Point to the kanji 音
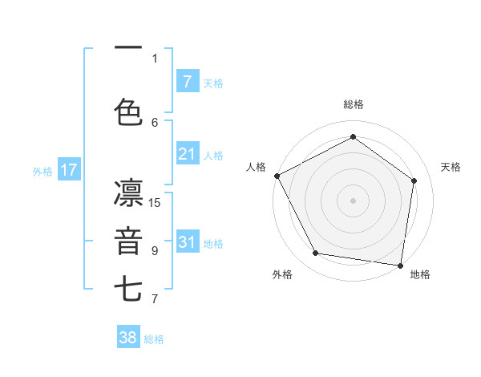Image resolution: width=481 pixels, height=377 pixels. click(128, 241)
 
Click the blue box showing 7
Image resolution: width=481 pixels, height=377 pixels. click(187, 81)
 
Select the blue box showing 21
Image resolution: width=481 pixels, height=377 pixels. click(187, 154)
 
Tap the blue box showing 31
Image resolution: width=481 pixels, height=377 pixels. click(187, 242)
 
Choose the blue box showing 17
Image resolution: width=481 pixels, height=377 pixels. click(68, 170)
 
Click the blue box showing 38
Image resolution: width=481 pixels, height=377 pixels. click(128, 338)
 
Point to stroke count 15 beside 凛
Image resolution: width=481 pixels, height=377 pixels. click(155, 203)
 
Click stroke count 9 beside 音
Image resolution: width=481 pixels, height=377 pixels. click(155, 251)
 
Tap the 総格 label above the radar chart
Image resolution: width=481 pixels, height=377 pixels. click(354, 104)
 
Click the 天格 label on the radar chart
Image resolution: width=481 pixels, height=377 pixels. click(451, 167)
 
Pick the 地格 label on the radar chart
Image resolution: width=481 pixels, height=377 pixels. click(420, 274)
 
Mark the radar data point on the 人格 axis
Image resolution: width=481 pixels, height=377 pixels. click(277, 176)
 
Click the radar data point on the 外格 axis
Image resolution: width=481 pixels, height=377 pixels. click(316, 253)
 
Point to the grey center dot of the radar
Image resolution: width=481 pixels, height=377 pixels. click(353, 201)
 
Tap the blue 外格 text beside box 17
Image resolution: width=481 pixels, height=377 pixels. click(42, 171)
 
